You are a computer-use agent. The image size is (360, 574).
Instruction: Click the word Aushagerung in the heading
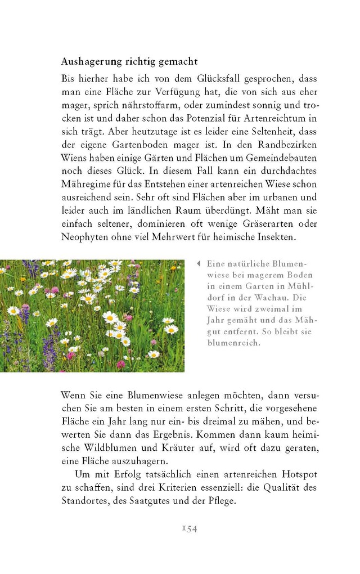(x=91, y=61)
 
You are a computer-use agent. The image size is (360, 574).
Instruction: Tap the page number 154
(x=189, y=528)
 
